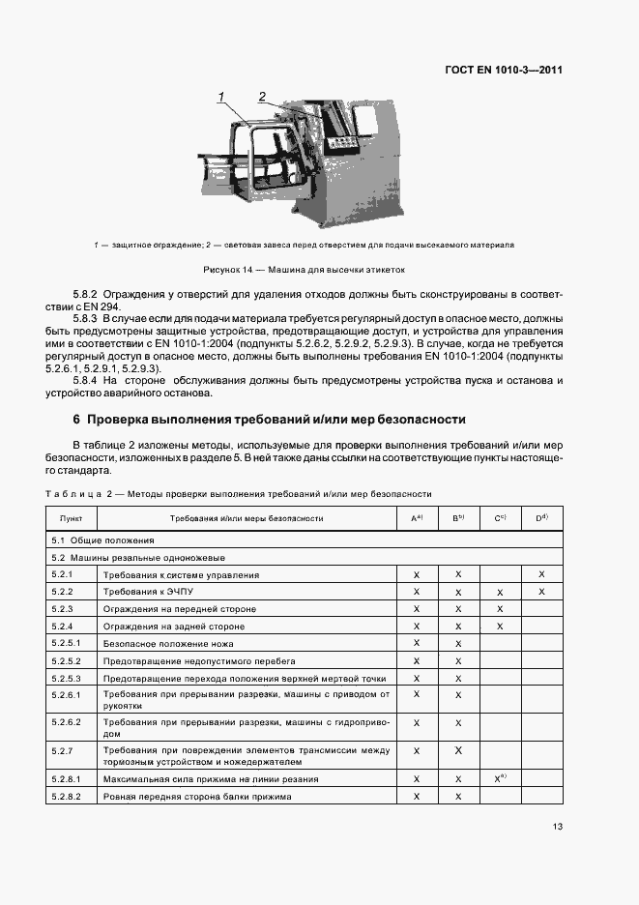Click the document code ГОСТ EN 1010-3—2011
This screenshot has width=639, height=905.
(503, 70)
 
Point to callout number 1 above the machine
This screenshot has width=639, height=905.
(221, 96)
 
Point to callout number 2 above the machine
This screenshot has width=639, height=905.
(261, 96)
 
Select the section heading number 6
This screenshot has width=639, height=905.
(76, 420)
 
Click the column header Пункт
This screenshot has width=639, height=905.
(72, 518)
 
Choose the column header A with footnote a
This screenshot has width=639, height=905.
(417, 518)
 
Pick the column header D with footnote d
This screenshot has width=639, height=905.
(541, 518)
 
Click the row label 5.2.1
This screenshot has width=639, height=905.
(64, 575)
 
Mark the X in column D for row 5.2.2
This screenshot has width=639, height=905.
(541, 592)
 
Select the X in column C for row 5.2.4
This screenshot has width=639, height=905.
(500, 627)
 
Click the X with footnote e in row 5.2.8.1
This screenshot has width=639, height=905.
(500, 778)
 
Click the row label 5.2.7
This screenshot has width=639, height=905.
(64, 750)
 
